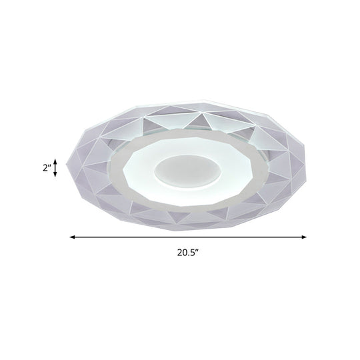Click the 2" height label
click(x=45, y=168)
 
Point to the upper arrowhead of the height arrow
click(x=56, y=160)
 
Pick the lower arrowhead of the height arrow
click(x=56, y=177)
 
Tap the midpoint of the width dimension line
click(x=188, y=236)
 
